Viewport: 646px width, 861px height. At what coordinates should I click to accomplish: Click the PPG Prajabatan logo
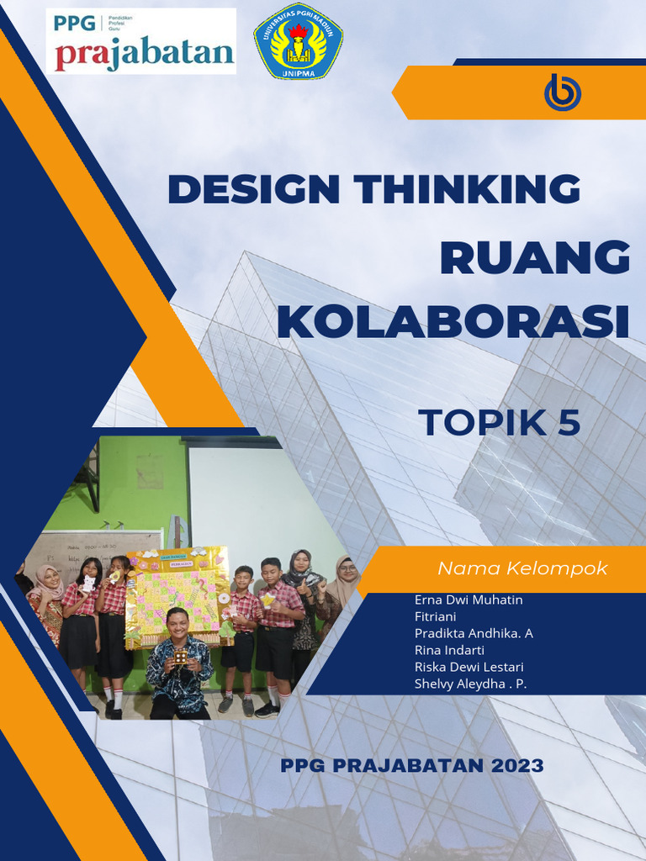click(140, 41)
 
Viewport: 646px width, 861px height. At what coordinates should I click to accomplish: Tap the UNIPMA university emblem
click(298, 41)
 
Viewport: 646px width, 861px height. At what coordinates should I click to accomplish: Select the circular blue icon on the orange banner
click(563, 92)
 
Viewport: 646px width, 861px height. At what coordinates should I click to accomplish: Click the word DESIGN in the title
click(253, 189)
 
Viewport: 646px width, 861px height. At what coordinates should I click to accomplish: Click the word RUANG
click(534, 257)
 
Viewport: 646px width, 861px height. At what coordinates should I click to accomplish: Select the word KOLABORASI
click(453, 322)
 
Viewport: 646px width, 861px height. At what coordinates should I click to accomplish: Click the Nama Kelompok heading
click(522, 569)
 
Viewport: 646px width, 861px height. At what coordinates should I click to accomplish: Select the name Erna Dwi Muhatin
click(469, 600)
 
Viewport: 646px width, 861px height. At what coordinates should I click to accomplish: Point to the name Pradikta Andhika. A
click(474, 633)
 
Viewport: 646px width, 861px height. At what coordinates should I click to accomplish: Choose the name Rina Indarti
click(450, 650)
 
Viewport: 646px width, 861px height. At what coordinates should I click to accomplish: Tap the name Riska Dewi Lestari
click(469, 667)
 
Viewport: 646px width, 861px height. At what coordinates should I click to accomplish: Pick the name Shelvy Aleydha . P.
click(470, 684)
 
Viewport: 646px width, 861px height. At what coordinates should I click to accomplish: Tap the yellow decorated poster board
click(177, 593)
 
